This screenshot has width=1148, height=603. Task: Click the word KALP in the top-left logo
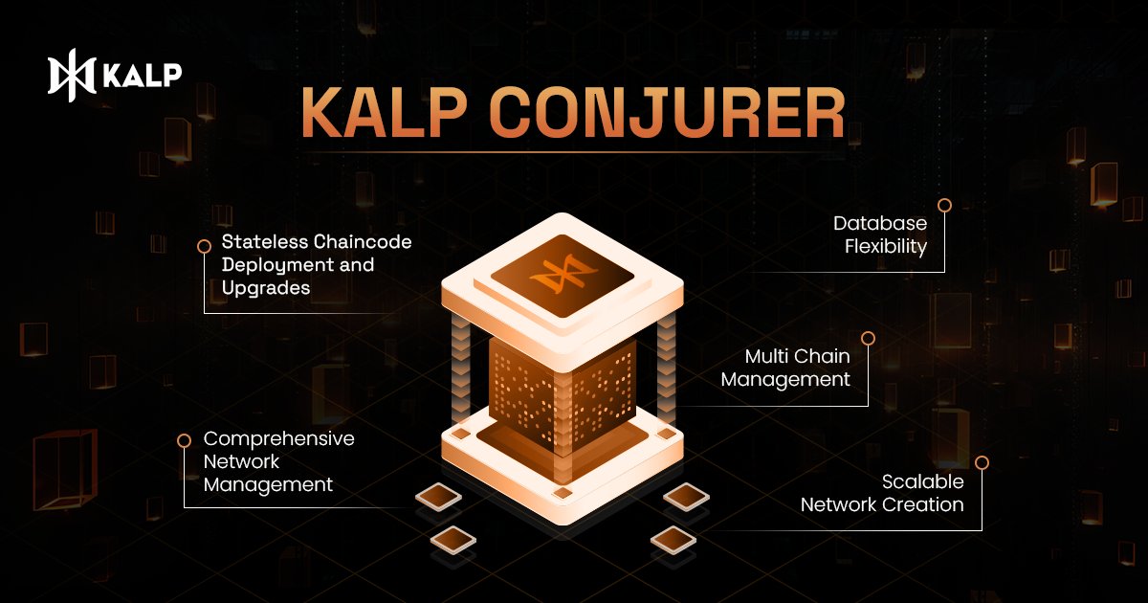[143, 76]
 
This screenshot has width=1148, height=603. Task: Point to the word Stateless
[265, 242]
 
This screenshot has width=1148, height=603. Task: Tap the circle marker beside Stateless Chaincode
[204, 246]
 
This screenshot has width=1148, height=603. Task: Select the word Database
[880, 224]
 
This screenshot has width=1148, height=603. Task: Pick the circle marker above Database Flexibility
[944, 205]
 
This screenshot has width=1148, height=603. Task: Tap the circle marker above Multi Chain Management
[869, 338]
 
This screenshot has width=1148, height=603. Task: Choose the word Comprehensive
[279, 438]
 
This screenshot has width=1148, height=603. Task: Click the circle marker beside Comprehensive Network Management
[185, 440]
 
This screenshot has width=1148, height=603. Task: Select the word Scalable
[922, 481]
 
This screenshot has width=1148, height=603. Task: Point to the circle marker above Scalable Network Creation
[982, 462]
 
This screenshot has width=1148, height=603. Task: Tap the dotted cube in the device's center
[562, 392]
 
